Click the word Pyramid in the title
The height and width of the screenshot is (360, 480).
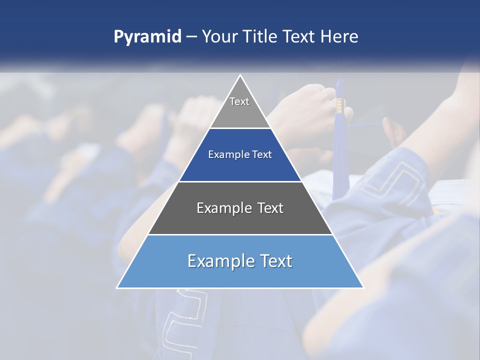coord(147,37)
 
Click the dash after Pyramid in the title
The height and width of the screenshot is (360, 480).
coord(191,37)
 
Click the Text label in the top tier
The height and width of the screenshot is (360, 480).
coord(239,101)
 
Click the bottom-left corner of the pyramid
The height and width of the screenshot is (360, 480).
coord(117,287)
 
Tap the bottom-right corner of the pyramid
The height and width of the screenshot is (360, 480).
coord(363,287)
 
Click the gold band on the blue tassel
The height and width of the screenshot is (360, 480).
coord(340,104)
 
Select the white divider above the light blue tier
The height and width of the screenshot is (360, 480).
coord(240,234)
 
